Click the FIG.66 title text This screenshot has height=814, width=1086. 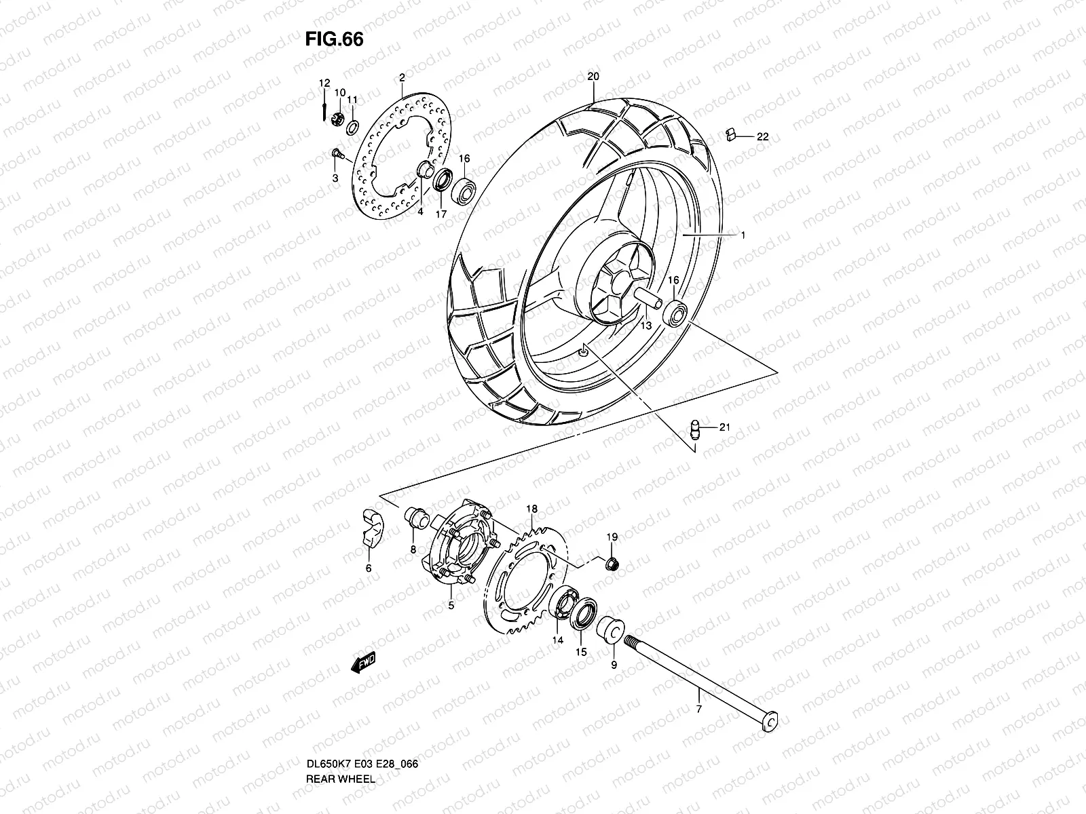(x=334, y=39)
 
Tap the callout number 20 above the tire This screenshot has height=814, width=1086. (x=593, y=77)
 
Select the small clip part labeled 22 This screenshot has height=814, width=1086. (x=730, y=133)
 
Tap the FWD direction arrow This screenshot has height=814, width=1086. (x=364, y=663)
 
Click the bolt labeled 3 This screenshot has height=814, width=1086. (x=337, y=156)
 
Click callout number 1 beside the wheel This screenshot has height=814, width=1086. (x=743, y=235)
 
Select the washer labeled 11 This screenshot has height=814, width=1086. (x=371, y=127)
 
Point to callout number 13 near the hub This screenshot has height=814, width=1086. (x=645, y=326)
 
